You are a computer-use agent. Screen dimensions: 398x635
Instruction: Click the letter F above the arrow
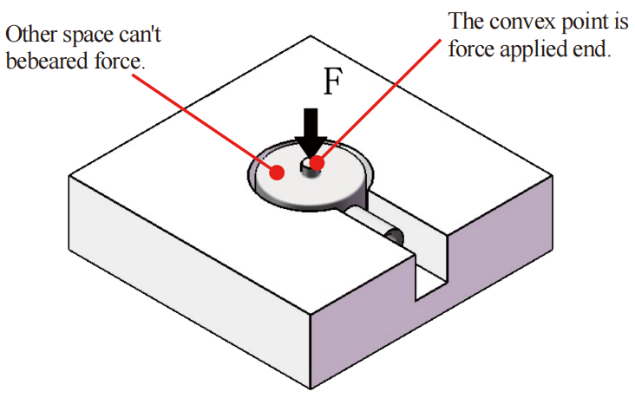pyautogui.click(x=331, y=83)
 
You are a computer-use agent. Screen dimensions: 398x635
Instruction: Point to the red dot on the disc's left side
pyautogui.click(x=278, y=171)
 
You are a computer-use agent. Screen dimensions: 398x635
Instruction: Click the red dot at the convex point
pyautogui.click(x=316, y=162)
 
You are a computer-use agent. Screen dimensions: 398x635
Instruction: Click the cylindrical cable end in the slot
pyautogui.click(x=395, y=236)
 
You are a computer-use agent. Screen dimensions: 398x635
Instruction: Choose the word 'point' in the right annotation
pyautogui.click(x=576, y=20)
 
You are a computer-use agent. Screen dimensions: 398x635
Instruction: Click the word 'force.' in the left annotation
pyautogui.click(x=118, y=62)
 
